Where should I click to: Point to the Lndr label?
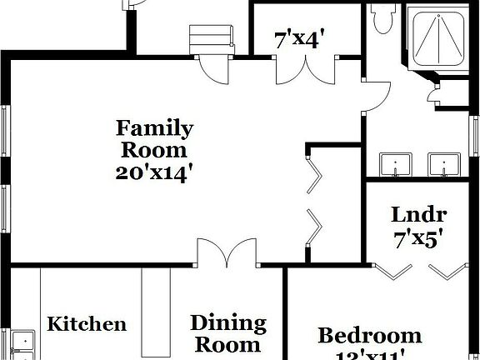[x=419, y=215]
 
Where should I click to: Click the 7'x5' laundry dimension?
[x=417, y=238]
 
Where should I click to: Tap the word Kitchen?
[x=87, y=324]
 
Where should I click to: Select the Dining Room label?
[x=227, y=333]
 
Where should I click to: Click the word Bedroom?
[x=369, y=336]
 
